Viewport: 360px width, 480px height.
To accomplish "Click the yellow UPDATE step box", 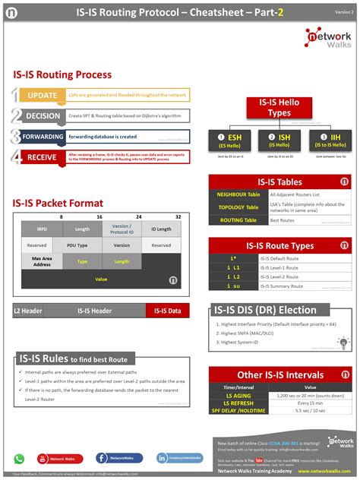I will click(x=42, y=96).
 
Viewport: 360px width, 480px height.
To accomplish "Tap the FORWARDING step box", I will click(x=43, y=137).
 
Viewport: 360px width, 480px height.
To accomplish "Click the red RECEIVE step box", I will click(x=42, y=157).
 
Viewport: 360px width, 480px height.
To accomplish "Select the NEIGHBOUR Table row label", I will click(x=238, y=194).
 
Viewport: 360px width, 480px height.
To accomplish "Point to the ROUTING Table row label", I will click(x=238, y=219).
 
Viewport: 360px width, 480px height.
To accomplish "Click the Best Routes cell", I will click(x=309, y=219).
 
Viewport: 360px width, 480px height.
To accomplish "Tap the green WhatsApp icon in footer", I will click(x=20, y=458).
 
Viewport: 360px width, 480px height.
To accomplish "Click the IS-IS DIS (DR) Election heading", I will click(x=270, y=310).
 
